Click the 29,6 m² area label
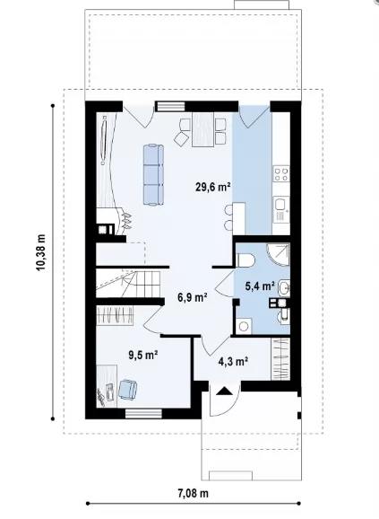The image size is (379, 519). point(213,187)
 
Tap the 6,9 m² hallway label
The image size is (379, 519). point(193,297)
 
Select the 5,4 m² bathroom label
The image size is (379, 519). point(260,286)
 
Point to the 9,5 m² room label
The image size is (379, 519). point(143,356)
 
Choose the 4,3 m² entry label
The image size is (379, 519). point(233,361)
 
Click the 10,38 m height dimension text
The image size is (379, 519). point(41,252)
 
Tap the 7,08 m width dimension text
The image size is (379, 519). point(194,494)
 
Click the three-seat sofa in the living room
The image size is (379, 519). point(153,175)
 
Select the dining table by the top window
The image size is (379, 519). point(202,129)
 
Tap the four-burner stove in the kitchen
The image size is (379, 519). point(281,174)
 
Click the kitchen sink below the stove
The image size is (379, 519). point(281,209)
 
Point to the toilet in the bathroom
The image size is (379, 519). point(245,259)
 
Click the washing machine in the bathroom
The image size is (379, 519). point(244,326)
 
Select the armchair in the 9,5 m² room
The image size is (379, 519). point(127,390)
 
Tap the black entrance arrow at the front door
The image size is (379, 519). point(224,391)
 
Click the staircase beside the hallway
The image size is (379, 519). point(129,284)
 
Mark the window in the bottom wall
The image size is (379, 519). point(143,413)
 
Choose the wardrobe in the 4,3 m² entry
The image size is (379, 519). point(280,359)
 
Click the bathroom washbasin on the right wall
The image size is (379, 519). point(284,288)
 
